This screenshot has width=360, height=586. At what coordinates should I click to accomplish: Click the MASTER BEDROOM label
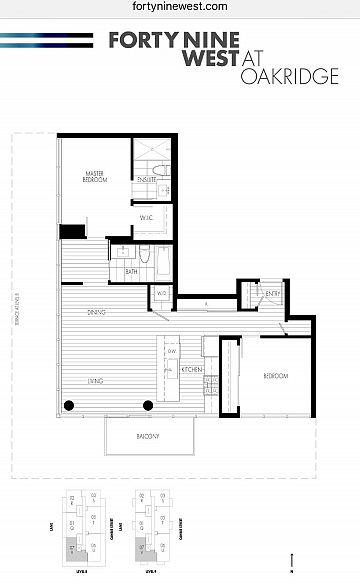pyautogui.click(x=95, y=178)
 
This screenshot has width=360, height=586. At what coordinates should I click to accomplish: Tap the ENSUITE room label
pyautogui.click(x=148, y=179)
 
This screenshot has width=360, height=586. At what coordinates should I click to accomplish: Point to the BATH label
pyautogui.click(x=131, y=271)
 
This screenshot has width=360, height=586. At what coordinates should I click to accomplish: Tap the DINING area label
pyautogui.click(x=97, y=314)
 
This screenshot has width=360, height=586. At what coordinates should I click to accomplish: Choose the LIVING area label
pyautogui.click(x=95, y=380)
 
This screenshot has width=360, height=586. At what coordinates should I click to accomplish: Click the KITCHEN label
pyautogui.click(x=192, y=370)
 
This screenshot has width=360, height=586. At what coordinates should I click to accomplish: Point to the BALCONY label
pyautogui.click(x=150, y=437)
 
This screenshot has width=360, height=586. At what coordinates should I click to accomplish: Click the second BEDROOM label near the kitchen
pyautogui.click(x=276, y=376)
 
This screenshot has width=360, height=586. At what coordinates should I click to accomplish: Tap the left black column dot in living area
pyautogui.click(x=69, y=405)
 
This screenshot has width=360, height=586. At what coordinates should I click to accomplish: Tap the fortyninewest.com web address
pyautogui.click(x=179, y=7)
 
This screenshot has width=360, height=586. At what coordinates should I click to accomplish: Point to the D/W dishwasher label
pyautogui.click(x=171, y=351)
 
